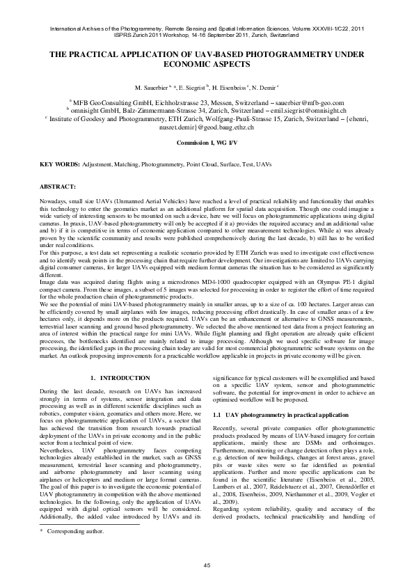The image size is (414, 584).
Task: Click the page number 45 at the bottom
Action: pyautogui.click(x=207, y=565)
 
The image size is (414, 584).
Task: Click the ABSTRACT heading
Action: pyautogui.click(x=58, y=187)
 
